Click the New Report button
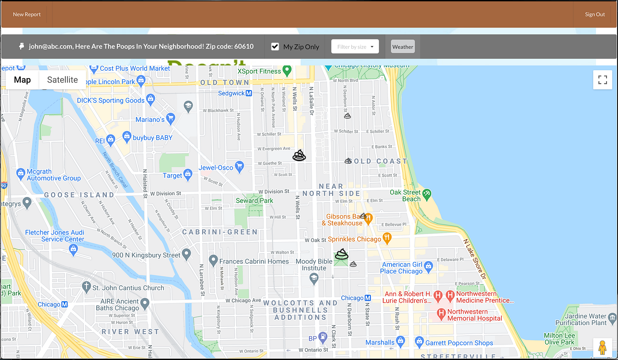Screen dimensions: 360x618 27,15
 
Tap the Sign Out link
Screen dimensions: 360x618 595,15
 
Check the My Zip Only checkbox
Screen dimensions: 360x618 275,46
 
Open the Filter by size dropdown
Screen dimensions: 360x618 355,46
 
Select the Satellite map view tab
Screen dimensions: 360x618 62,80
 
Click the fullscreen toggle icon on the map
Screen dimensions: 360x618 603,80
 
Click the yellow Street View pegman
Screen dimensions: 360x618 602,348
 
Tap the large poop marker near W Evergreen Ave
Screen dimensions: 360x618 299,155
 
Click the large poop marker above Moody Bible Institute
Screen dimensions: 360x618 341,254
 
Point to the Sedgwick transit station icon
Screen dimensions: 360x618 249,94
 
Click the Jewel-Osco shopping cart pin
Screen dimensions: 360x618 239,167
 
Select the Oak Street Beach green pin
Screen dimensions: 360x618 426,193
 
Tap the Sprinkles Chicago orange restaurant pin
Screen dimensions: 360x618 387,238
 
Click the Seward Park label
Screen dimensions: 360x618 255,201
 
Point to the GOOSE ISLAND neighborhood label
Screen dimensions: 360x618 79,195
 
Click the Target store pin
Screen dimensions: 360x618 188,175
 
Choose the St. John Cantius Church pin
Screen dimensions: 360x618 87,287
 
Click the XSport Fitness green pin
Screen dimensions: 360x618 287,70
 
